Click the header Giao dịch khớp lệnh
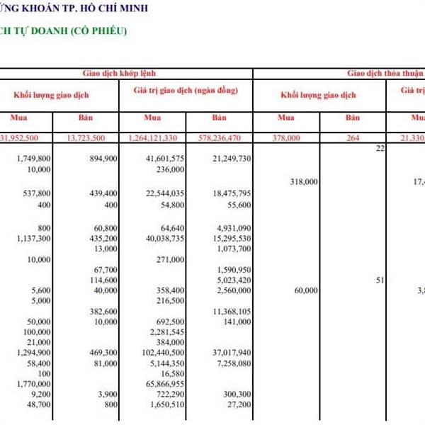[124, 73]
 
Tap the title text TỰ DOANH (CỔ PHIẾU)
[67, 31]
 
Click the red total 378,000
[286, 137]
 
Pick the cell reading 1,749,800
[33, 159]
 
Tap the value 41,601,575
[164, 159]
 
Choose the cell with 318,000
[305, 182]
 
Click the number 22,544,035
[164, 193]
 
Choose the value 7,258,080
[231, 363]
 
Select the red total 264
[353, 137]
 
